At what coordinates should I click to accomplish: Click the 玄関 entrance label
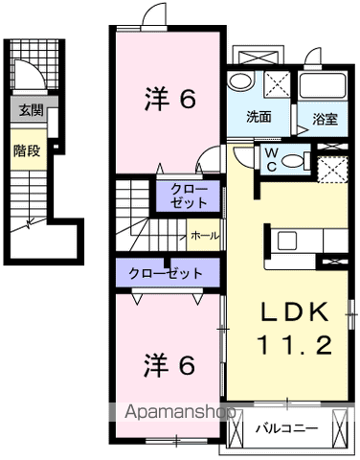[x=31, y=110]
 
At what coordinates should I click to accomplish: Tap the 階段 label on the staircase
[x=27, y=150]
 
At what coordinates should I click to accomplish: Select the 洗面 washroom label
[x=259, y=117]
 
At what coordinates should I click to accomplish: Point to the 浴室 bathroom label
[x=325, y=119]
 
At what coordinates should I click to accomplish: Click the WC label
[x=271, y=159]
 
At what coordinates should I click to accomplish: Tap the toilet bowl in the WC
[x=293, y=161]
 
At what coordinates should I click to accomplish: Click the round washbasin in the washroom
[x=241, y=81]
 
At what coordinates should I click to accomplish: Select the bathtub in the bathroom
[x=323, y=85]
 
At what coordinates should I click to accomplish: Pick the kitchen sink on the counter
[x=287, y=241]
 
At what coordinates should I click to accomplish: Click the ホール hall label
[x=205, y=236]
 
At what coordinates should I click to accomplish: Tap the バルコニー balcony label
[x=286, y=428]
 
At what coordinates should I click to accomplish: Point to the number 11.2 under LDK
[x=295, y=345]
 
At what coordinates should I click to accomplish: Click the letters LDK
[x=295, y=311]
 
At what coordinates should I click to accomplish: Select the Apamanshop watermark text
[x=180, y=412]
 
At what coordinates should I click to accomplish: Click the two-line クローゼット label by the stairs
[x=189, y=196]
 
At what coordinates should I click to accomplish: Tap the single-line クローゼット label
[x=166, y=273]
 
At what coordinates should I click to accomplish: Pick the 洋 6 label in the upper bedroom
[x=169, y=99]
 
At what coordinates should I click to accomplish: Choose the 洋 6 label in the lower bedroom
[x=169, y=365]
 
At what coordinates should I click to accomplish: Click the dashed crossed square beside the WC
[x=333, y=170]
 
